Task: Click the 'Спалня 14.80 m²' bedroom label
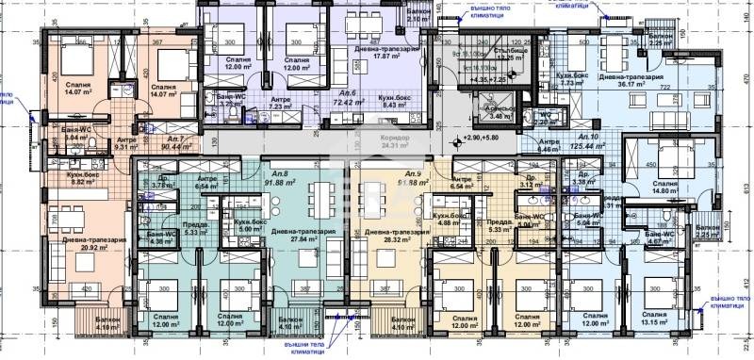665,188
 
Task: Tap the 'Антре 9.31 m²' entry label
127,143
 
